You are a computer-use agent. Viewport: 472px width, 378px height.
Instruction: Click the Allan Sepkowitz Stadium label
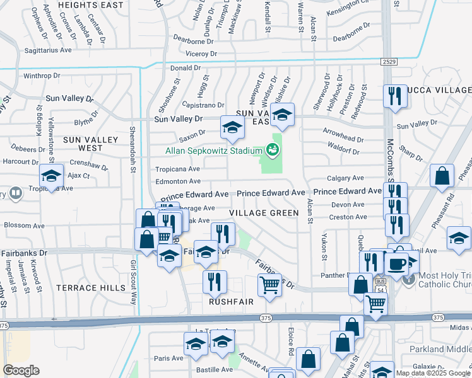tap(213, 151)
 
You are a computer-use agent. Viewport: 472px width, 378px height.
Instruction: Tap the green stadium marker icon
tap(272, 150)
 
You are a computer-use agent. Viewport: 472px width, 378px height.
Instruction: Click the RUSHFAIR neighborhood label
tap(232, 302)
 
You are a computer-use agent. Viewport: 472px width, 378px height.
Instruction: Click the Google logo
tap(20, 370)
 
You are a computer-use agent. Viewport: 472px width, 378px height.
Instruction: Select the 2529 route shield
tap(389, 61)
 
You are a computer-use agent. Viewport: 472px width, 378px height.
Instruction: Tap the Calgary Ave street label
tap(345, 178)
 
